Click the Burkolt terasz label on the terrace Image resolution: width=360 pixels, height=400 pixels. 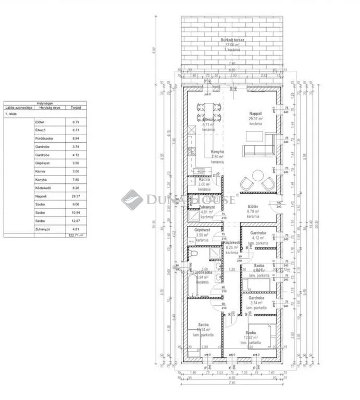[233, 40]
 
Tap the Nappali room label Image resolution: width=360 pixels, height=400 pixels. [256, 113]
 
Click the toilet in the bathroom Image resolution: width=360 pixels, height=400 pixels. [193, 254]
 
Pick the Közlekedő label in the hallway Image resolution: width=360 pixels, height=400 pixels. [231, 243]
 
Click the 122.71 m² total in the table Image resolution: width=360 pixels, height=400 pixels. [76, 235]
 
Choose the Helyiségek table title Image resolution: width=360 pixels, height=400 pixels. [44, 103]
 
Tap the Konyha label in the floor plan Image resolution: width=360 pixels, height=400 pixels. [217, 152]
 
